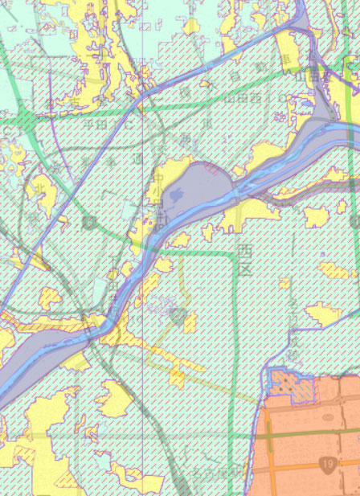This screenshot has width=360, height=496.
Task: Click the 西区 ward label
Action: [244, 260]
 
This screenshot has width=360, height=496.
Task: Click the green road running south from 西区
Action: [239, 338]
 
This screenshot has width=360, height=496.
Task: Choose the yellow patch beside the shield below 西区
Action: [190, 322]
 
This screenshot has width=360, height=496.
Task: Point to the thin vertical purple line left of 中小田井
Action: [143, 161]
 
